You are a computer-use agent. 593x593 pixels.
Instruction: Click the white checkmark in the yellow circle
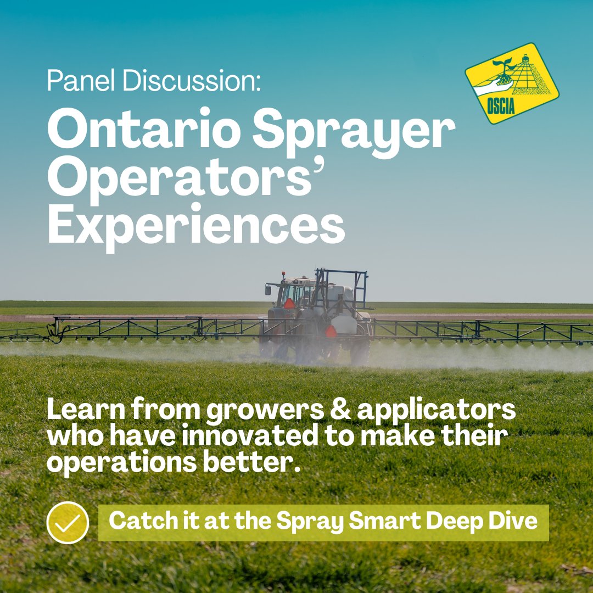click(x=68, y=523)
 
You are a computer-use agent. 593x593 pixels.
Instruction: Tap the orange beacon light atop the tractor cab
click(x=284, y=273)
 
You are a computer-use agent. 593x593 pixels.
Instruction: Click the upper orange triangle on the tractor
click(x=289, y=304)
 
